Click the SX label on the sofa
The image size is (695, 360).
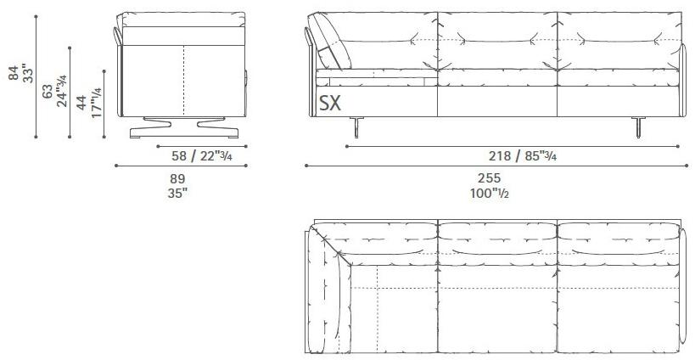coord(332,103)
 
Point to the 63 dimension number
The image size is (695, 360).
coord(47,90)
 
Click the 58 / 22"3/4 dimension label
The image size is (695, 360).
coord(198,155)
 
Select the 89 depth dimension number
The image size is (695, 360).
coord(177,179)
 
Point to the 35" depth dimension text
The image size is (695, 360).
coord(177,192)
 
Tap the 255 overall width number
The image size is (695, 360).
coord(490,179)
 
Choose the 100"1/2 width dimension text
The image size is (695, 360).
coord(490,193)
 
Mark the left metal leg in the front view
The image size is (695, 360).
coord(356,127)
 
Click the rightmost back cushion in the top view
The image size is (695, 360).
coord(617,239)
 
